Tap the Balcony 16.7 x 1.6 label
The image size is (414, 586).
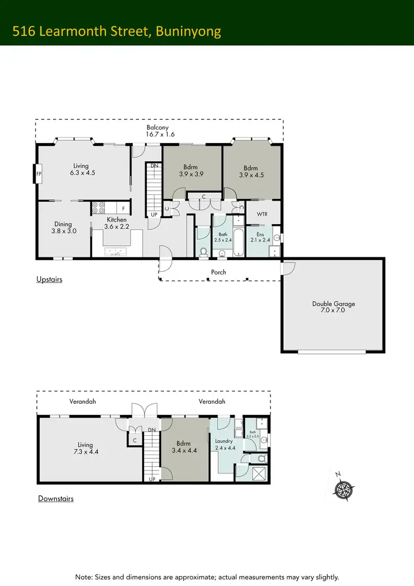tap(157, 131)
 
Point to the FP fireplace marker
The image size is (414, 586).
tap(38, 173)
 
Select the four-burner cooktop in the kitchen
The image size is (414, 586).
tap(99, 208)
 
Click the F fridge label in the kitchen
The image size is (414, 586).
tap(123, 208)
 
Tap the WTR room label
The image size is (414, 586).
tap(262, 214)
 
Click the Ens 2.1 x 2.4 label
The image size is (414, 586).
tap(261, 237)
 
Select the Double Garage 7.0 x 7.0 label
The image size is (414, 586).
tap(333, 307)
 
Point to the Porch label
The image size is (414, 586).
tap(219, 272)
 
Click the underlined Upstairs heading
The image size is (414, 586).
tap(50, 279)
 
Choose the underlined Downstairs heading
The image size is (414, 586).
tap(56, 499)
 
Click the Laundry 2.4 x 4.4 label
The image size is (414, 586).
tap(224, 445)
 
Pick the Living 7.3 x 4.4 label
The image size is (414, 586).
tap(85, 448)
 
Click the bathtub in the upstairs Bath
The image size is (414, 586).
tap(238, 239)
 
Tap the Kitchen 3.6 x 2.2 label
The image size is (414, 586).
tap(116, 223)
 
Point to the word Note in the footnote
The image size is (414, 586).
tap(83, 577)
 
